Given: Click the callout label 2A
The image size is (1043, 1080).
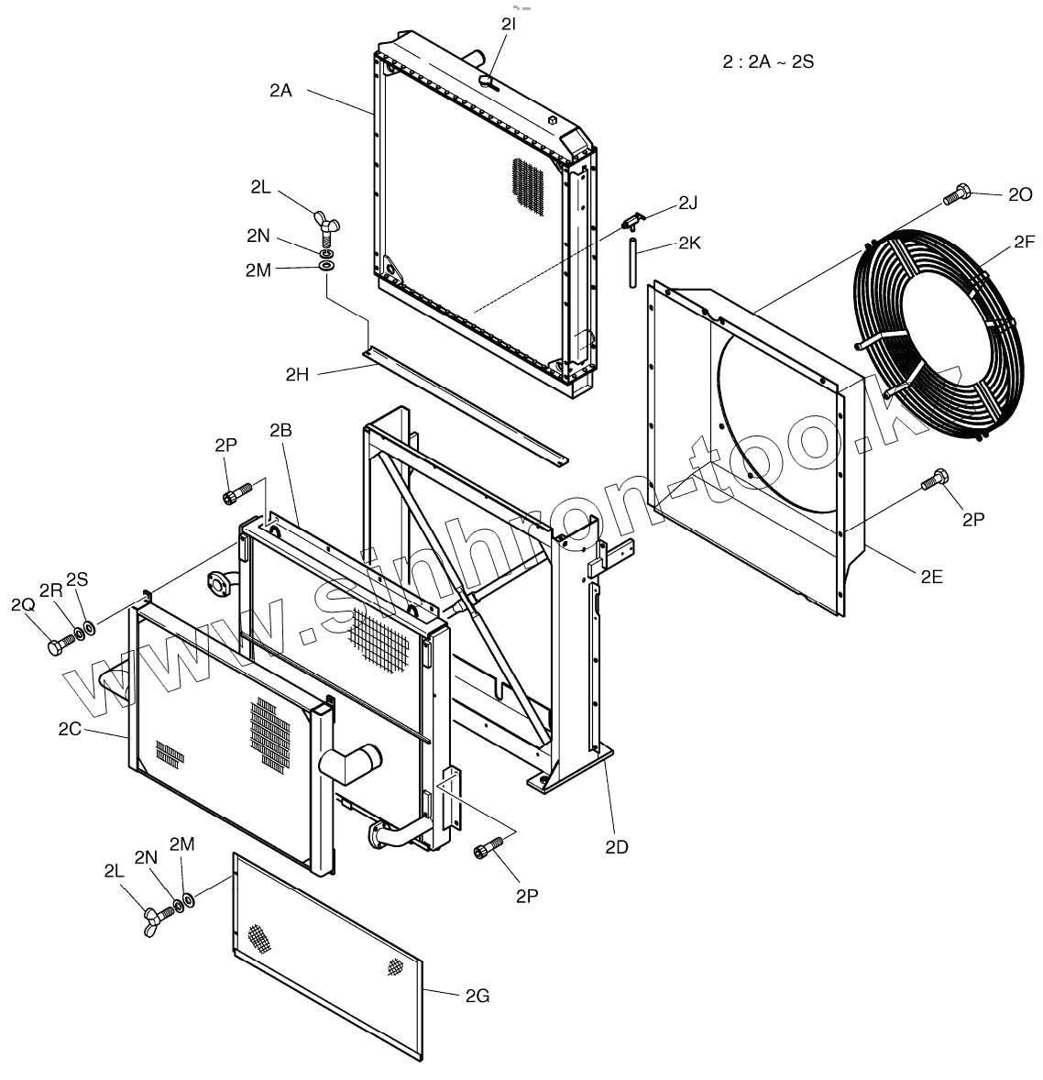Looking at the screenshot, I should point(280,90).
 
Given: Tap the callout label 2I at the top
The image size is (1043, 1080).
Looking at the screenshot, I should point(508,26).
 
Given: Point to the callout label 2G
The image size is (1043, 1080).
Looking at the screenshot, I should point(478,995).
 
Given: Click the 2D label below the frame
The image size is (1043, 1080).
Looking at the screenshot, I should point(617,846).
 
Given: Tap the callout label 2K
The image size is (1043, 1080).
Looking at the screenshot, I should point(689,244).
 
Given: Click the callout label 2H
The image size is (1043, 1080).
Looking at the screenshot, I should point(297,373).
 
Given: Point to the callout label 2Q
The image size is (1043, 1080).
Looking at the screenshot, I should point(22,605).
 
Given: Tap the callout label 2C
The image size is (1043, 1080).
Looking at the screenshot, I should point(70,730).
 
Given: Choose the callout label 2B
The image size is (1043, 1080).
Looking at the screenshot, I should point(281,430).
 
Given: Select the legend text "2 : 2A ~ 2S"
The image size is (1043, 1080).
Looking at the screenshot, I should point(768,62).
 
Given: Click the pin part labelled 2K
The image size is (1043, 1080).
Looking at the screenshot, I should point(631,261).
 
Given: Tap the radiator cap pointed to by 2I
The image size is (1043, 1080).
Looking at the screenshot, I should point(488,83).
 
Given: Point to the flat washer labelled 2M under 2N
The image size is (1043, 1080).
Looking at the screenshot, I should point(326,267).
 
